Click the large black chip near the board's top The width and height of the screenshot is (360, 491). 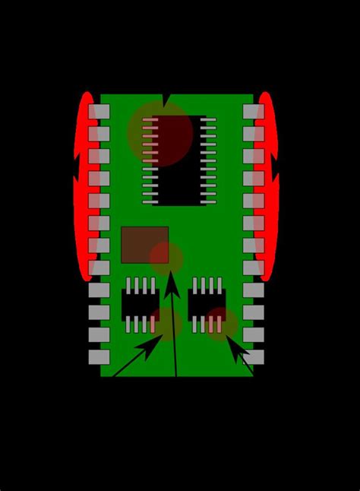[179, 160]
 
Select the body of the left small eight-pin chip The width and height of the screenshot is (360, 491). [140, 305]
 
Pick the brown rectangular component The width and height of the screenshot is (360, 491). [144, 244]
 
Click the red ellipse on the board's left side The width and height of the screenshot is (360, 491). [85, 186]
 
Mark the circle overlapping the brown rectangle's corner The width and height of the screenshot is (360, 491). [166, 258]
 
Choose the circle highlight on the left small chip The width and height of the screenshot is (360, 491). [162, 324]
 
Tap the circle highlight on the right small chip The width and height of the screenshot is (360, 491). [221, 324]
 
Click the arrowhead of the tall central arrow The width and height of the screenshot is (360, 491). [172, 283]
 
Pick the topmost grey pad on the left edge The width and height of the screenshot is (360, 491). [99, 112]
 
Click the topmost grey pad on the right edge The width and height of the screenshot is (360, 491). [253, 112]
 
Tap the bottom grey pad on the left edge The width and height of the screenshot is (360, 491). [99, 356]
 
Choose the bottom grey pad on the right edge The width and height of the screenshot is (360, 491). [253, 356]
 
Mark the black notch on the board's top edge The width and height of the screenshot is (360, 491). [166, 100]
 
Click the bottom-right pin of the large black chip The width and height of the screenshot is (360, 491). [210, 202]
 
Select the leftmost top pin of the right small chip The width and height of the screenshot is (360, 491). [195, 285]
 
